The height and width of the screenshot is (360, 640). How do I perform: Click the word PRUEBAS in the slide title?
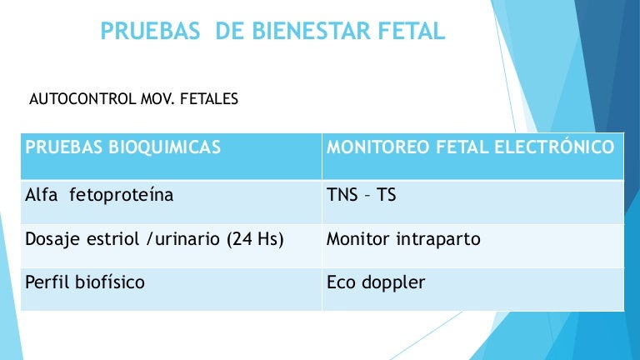pos(150,31)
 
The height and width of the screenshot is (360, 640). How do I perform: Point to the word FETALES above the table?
pos(209,99)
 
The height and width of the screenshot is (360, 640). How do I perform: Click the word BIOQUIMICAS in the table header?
pos(164,147)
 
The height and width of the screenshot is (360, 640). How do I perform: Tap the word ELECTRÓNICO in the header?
pos(554,146)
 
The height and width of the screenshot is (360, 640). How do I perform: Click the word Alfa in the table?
pos(41,195)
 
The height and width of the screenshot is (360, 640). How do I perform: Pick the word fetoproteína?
pos(121,196)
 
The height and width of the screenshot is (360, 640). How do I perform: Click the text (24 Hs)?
pos(255,239)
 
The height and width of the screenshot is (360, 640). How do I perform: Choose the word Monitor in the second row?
pos(358,239)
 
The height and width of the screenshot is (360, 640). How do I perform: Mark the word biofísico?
pos(110,282)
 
